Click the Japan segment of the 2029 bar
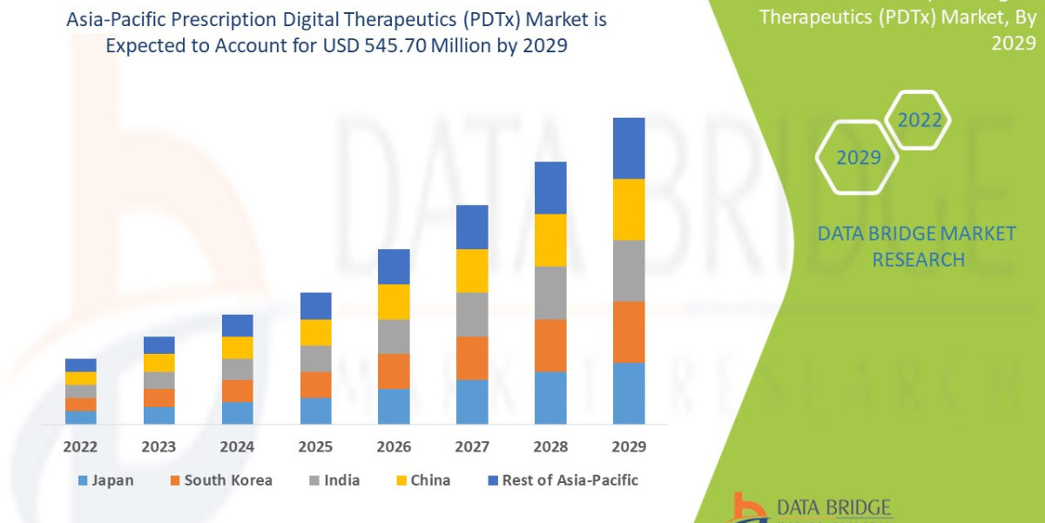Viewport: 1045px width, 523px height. (629, 393)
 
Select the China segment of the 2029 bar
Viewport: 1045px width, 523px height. (629, 209)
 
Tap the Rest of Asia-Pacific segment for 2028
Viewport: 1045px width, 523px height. (550, 187)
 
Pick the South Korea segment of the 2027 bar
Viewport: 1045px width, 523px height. (472, 357)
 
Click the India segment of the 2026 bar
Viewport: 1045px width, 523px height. (394, 336)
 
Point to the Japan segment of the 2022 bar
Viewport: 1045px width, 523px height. (81, 417)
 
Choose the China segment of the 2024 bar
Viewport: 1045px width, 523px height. (238, 347)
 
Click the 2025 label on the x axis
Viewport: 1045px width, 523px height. (315, 447)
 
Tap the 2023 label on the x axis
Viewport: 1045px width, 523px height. (158, 447)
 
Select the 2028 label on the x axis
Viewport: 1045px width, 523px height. (550, 447)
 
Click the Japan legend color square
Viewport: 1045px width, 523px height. (83, 480)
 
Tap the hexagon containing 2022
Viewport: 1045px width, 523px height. (920, 120)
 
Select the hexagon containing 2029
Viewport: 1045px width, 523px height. (857, 158)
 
